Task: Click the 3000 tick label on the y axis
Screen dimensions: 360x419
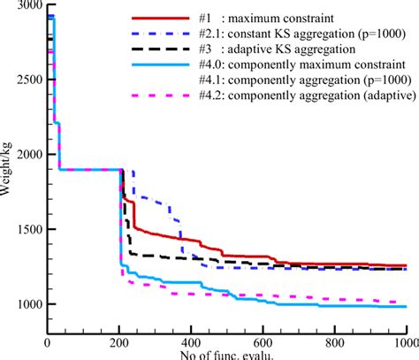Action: point(27,6)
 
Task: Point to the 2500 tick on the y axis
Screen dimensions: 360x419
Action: point(27,80)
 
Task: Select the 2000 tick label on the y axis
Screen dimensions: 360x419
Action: point(27,155)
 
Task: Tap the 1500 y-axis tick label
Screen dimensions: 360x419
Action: point(27,229)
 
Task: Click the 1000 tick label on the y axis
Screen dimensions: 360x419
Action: point(27,304)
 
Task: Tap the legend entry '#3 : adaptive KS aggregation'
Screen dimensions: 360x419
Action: point(279,47)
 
